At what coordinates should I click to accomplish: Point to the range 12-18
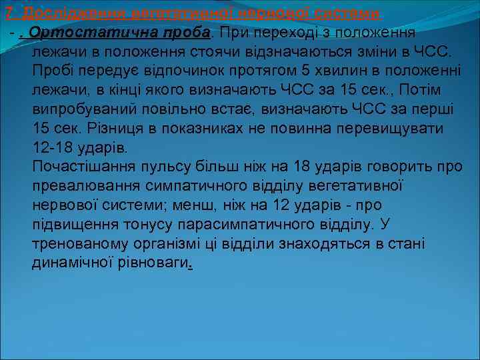(54, 147)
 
